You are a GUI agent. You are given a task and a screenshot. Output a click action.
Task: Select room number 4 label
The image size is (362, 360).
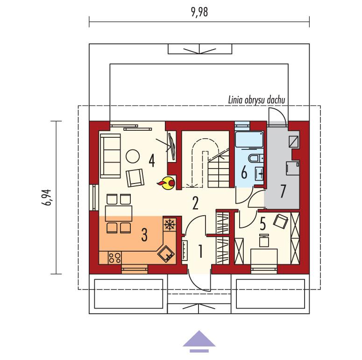click(x=151, y=160)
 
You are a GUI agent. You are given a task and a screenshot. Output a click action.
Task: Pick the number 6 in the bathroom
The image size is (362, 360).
click(x=244, y=172)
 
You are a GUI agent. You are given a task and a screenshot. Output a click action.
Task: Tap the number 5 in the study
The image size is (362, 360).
click(x=263, y=225)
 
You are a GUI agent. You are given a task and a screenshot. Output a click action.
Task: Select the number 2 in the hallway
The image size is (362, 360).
click(x=195, y=203)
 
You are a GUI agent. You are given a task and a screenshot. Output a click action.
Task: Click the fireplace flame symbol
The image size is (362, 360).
click(x=167, y=184)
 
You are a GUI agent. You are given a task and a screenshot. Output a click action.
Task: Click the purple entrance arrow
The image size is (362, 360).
click(x=199, y=339)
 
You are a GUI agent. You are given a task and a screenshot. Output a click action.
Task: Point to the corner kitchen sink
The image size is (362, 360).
click(x=166, y=254)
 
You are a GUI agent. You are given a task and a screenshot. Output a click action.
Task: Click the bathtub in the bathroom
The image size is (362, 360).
click(x=249, y=141)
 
